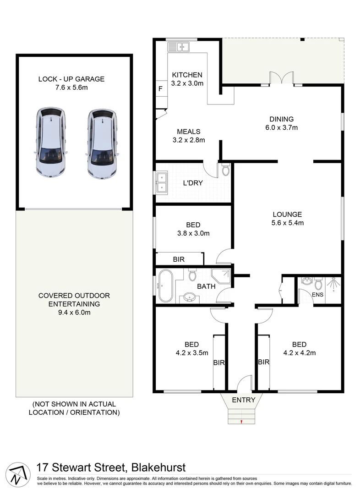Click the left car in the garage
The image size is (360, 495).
pos(50,143)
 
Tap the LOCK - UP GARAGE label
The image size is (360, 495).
pos(71,79)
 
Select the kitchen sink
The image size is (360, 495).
pos(179,46)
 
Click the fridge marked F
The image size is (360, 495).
pos(160,89)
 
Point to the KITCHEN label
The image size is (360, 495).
pos(187,75)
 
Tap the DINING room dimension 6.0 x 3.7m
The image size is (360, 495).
pos(281,127)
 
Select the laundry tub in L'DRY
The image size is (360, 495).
pos(162,182)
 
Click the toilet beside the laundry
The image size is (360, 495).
pos(225,170)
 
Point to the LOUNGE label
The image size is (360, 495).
pos(287,214)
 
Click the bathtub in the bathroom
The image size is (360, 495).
pos(164,286)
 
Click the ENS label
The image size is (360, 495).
pos(318,295)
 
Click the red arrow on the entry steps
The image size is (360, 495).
pos(241,422)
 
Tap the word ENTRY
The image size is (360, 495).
pos(243,400)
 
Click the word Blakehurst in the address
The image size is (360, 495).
pos(158,468)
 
